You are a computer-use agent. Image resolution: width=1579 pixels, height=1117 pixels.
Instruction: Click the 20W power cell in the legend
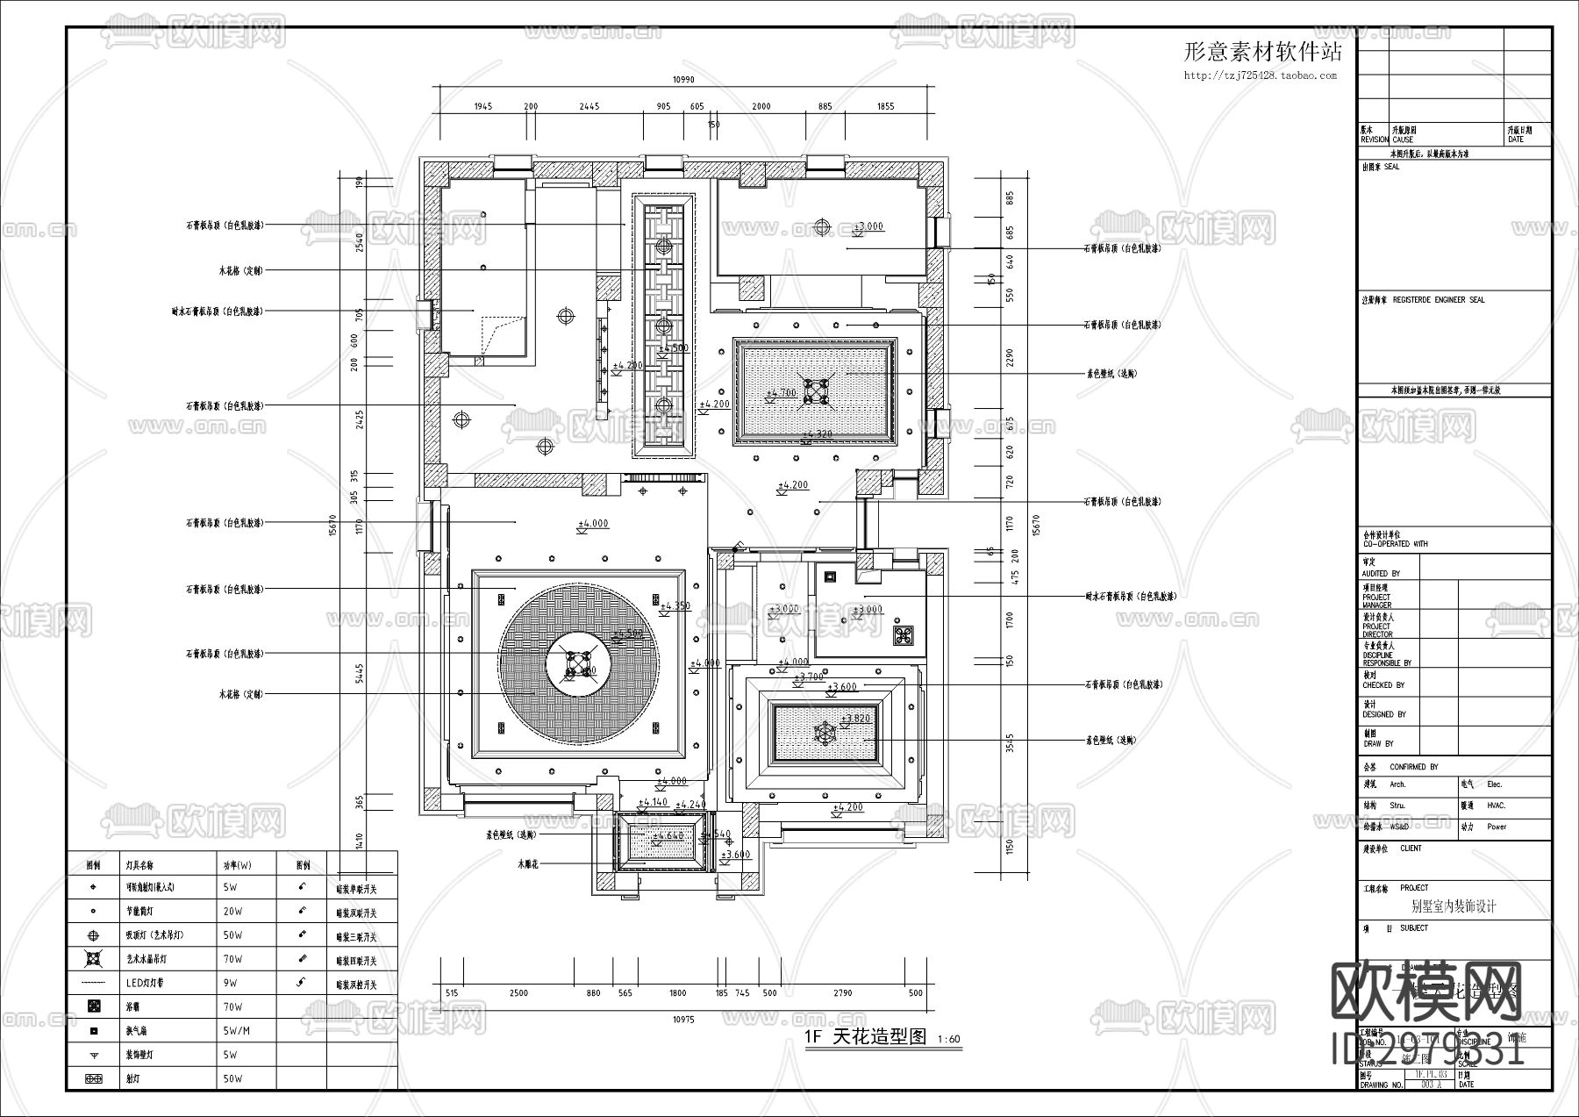[x=232, y=912]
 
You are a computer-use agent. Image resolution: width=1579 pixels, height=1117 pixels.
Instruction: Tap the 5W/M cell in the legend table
[x=237, y=1031]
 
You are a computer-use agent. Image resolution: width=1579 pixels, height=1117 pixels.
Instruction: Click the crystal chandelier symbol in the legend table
[x=94, y=959]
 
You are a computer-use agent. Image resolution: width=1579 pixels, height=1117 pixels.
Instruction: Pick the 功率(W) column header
[x=237, y=864]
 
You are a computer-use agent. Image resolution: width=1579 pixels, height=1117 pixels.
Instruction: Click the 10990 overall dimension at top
[x=683, y=79]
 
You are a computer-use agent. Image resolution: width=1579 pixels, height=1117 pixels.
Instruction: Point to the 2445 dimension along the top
[x=589, y=106]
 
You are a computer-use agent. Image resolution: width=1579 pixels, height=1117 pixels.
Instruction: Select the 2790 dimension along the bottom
[x=841, y=993]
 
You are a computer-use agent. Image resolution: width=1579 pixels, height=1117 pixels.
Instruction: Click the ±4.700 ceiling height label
[x=781, y=394]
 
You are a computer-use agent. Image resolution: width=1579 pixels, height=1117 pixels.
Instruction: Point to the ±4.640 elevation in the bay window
[x=668, y=836]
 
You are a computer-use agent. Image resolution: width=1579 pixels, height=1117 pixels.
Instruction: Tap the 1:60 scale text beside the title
[x=948, y=1040]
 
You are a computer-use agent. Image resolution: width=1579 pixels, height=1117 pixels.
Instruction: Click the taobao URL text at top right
[x=1260, y=75]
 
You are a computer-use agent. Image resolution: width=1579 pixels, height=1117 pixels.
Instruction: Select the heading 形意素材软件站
[x=1262, y=52]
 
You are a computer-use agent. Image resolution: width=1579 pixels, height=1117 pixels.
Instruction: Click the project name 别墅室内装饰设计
[x=1453, y=906]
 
